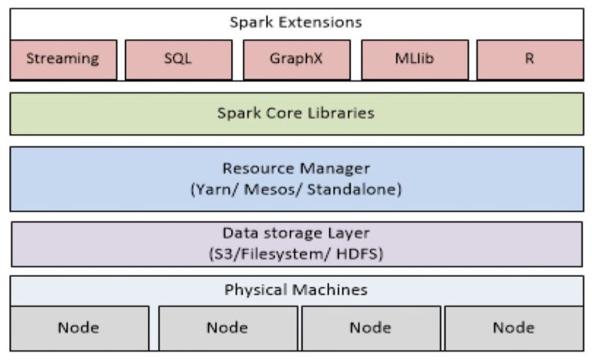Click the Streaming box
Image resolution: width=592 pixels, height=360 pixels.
pyautogui.click(x=63, y=59)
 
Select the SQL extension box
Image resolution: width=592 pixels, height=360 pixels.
pyautogui.click(x=178, y=59)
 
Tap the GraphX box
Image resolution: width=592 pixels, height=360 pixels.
pyautogui.click(x=295, y=59)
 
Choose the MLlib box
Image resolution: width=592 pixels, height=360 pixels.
pyautogui.click(x=414, y=59)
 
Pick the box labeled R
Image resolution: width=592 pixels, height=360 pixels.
pyautogui.click(x=530, y=59)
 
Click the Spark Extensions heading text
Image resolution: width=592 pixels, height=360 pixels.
pyautogui.click(x=296, y=22)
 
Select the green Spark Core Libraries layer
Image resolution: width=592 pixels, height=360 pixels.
pyautogui.click(x=296, y=113)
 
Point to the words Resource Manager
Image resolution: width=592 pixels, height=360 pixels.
pyautogui.click(x=296, y=168)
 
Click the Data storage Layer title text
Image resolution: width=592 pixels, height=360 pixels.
pyautogui.click(x=296, y=233)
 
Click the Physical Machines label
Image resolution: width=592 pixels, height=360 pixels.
pyautogui.click(x=296, y=290)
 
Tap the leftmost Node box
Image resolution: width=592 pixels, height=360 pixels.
pyautogui.click(x=79, y=328)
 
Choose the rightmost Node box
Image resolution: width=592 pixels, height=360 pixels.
pyautogui.click(x=513, y=328)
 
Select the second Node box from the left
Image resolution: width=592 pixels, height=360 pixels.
pyautogui.click(x=227, y=328)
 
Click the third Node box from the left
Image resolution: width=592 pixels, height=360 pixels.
pyautogui.click(x=371, y=328)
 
